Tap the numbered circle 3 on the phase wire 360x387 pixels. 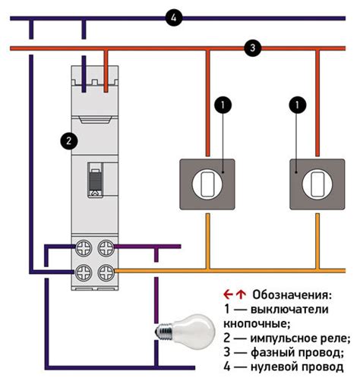coord(251,48)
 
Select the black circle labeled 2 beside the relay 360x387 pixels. coord(69,140)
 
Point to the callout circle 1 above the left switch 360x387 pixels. coord(222,104)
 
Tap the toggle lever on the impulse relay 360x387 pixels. coord(96,184)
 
